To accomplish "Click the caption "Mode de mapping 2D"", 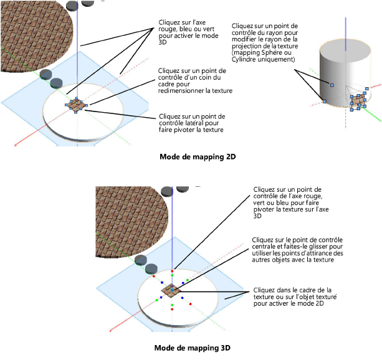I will coord(191,157).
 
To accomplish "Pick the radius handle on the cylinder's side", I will coord(332,84).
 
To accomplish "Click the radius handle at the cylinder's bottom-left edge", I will coord(324,100).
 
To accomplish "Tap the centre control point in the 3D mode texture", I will coord(172,290).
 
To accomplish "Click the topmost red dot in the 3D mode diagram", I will coord(173,272).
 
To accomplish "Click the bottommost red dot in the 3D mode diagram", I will coord(173,310).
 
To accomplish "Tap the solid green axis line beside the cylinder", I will coord(372,114).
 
